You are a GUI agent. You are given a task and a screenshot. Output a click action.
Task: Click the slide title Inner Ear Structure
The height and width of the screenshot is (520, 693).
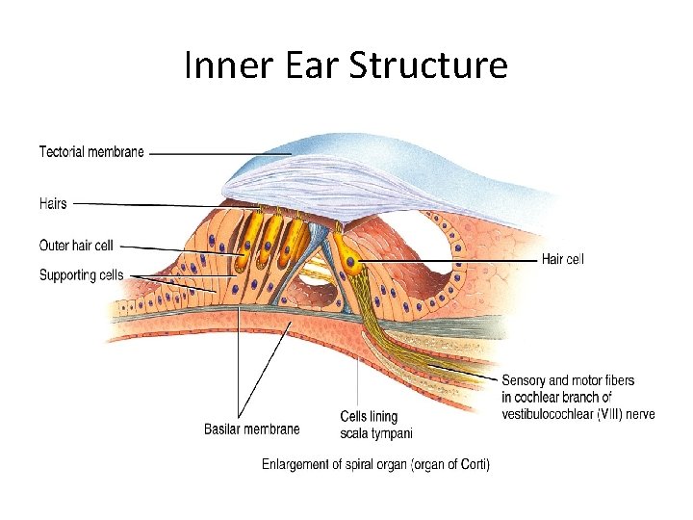346,65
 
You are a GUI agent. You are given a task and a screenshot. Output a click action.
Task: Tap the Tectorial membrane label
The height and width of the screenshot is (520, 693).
91,151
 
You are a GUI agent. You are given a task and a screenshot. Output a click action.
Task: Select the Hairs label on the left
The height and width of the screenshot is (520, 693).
53,203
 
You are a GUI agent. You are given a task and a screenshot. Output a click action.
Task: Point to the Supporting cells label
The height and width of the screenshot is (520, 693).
81,275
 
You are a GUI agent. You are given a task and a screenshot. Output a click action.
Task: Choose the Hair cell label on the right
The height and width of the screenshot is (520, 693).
562,259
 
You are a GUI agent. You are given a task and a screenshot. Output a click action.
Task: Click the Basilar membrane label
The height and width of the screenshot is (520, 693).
251,429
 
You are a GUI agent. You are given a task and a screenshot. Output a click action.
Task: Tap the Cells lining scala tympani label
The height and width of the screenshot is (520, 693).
370,424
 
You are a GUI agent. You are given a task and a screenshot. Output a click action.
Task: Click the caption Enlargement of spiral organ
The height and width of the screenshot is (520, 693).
375,464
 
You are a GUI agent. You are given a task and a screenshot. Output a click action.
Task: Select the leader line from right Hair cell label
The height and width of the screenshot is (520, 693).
452,260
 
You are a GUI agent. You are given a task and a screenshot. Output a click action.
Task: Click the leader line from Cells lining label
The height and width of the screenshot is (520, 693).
359,380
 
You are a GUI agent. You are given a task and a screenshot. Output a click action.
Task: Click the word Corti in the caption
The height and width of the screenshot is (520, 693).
470,464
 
